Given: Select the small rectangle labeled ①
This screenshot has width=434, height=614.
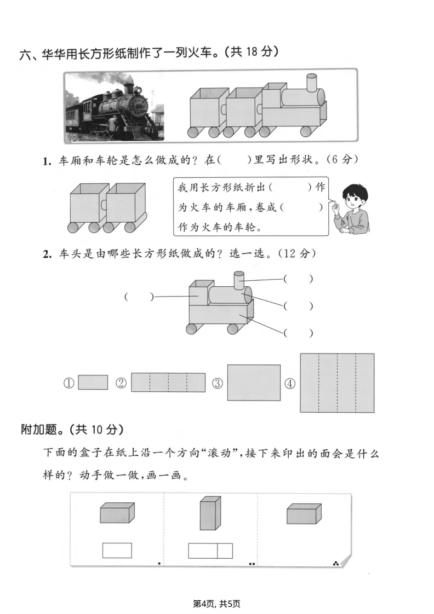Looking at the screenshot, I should [x=93, y=382].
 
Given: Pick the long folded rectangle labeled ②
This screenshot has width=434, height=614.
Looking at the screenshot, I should [x=168, y=382].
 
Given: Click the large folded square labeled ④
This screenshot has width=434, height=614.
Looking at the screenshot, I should [x=337, y=383].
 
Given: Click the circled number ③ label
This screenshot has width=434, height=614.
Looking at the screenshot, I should [x=218, y=383].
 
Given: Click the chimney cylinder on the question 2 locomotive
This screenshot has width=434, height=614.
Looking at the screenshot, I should [x=239, y=280].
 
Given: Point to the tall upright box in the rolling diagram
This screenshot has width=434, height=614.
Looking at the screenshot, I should [x=210, y=513].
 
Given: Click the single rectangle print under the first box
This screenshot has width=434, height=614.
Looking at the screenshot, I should [x=117, y=550].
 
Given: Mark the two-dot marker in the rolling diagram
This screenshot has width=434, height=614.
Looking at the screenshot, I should [x=252, y=563].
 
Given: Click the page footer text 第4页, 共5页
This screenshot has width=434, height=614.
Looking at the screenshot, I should [x=217, y=604].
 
